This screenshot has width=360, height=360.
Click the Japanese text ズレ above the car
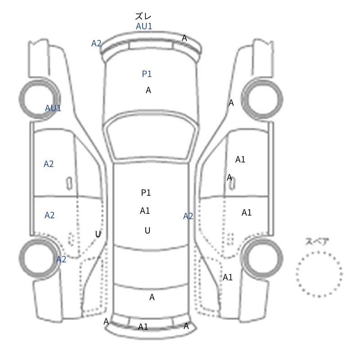[x=143, y=16]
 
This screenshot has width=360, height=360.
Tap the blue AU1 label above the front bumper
[x=144, y=26]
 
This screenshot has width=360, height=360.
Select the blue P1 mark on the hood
[x=147, y=74]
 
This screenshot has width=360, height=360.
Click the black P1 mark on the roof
[x=146, y=193]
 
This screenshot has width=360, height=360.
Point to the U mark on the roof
[x=148, y=230]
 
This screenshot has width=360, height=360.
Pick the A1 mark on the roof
[x=145, y=211]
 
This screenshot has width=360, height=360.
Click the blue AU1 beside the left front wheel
[x=53, y=108]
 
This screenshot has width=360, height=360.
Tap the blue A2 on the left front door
[x=49, y=164]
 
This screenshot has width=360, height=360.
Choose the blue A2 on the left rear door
[x=49, y=215]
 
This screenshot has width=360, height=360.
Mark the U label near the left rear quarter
[x=98, y=234]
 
